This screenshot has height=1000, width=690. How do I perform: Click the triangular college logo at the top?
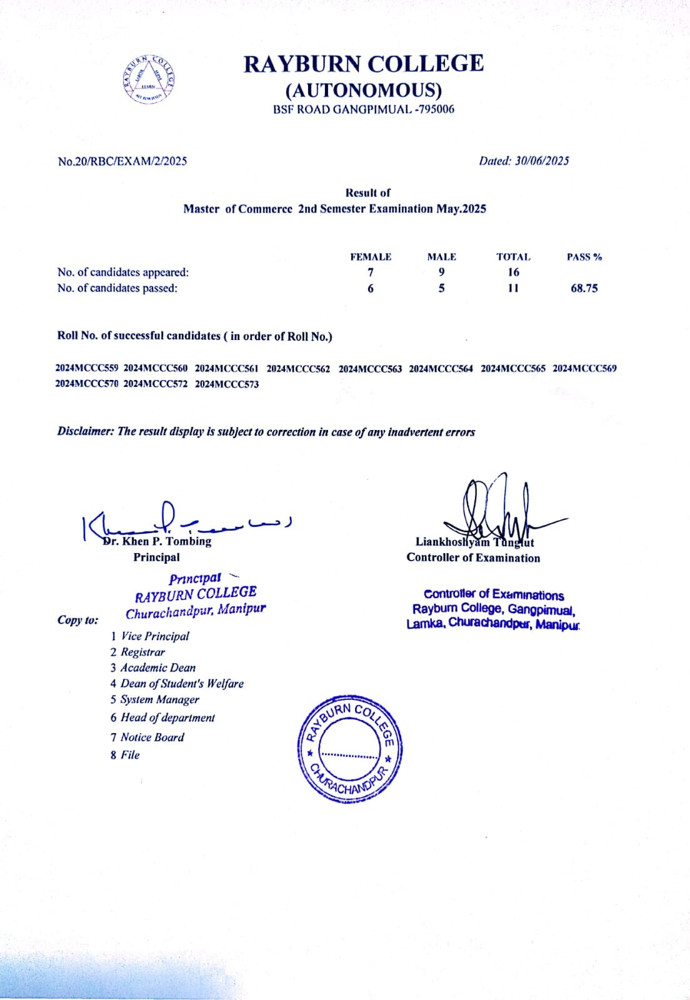[149, 80]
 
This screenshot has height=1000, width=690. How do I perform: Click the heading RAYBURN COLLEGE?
[363, 64]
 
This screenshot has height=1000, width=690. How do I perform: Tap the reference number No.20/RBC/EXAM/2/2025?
[122, 161]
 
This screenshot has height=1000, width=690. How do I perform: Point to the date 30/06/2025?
[541, 161]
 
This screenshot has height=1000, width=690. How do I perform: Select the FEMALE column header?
[371, 257]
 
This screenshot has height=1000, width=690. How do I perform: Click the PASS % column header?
[584, 257]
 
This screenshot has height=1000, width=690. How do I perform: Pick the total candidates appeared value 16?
[513, 272]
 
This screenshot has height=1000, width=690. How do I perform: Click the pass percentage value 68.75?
[584, 288]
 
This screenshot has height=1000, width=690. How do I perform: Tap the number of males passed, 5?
[441, 288]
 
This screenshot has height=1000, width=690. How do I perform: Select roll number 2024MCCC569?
[584, 368]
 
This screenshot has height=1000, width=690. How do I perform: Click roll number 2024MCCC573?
[226, 384]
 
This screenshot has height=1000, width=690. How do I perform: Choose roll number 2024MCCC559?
[87, 368]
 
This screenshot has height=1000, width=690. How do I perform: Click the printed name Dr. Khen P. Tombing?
[158, 541]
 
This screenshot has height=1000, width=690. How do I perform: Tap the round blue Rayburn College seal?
[349, 747]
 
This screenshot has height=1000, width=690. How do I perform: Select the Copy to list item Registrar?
[142, 652]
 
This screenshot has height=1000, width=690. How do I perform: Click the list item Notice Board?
[152, 737]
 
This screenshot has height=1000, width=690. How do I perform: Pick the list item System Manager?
[159, 699]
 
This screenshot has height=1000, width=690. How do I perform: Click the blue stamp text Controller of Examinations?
[494, 594]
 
